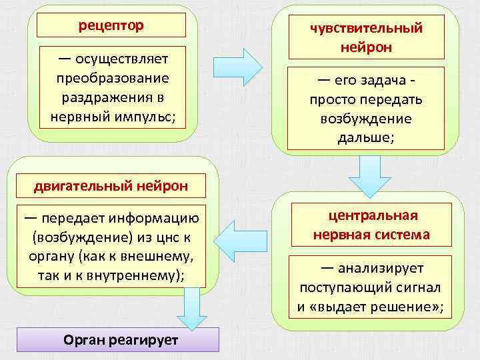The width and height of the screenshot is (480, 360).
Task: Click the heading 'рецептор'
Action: tap(111, 26)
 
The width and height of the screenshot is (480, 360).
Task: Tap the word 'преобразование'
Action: tap(112, 78)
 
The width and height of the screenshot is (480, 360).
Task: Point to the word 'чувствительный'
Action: tap(366, 28)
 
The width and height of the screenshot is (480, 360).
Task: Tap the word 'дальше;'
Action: tap(366, 138)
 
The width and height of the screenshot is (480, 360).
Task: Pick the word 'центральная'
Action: tap(373, 215)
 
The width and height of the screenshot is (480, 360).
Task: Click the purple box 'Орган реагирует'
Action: tap(121, 339)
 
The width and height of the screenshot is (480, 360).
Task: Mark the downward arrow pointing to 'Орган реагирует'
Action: tap(191, 310)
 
